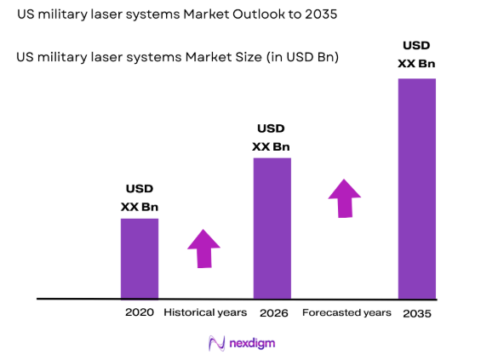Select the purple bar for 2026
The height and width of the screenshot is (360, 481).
pyautogui.click(x=272, y=227)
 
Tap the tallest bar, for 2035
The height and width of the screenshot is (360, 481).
pyautogui.click(x=417, y=188)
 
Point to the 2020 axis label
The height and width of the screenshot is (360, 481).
pyautogui.click(x=139, y=312)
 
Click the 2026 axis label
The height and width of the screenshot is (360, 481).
pyautogui.click(x=272, y=312)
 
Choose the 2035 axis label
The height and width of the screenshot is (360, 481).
pyautogui.click(x=417, y=312)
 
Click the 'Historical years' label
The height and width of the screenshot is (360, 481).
pyautogui.click(x=205, y=312)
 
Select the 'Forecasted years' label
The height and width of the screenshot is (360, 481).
pyautogui.click(x=346, y=312)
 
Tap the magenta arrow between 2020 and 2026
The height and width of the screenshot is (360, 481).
pyautogui.click(x=203, y=249)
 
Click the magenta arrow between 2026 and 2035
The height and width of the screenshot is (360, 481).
pyautogui.click(x=345, y=197)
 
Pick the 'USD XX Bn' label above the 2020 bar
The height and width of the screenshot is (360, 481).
pyautogui.click(x=140, y=197)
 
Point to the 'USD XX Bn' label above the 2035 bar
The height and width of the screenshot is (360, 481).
pyautogui.click(x=417, y=54)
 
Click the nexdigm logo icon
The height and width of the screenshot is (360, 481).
pyautogui.click(x=216, y=343)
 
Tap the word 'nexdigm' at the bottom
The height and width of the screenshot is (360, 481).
pyautogui.click(x=252, y=343)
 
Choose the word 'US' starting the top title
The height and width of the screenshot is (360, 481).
pyautogui.click(x=25, y=15)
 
